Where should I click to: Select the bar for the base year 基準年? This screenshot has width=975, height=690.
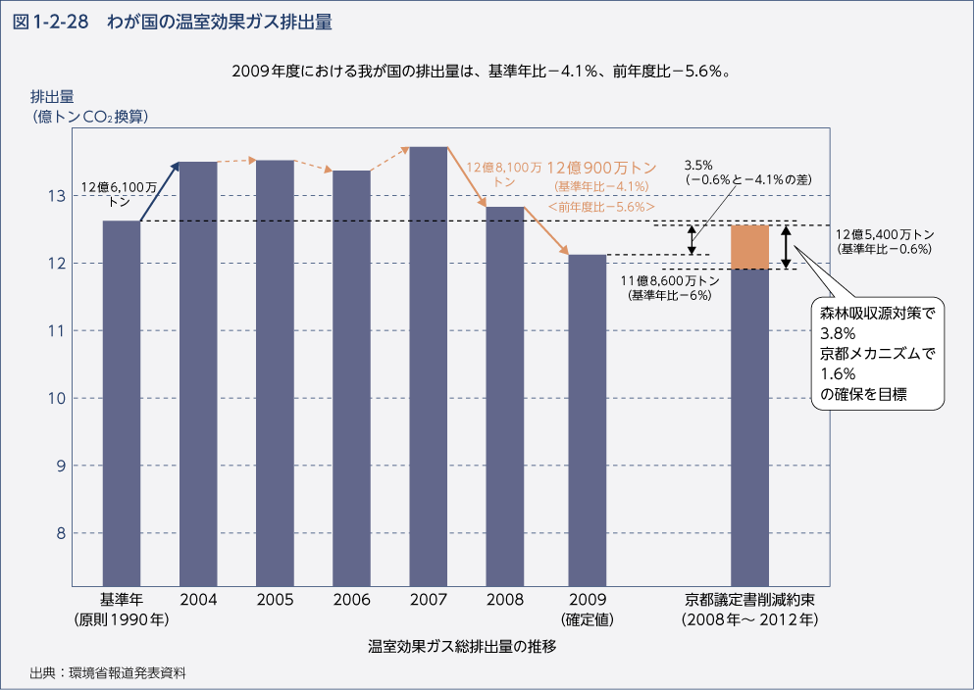122,402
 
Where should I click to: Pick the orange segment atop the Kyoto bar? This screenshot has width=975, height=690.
750,247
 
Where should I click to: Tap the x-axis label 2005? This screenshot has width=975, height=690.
276,600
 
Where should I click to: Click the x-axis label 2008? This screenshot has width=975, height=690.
506,600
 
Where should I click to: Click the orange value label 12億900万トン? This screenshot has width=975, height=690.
601,168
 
